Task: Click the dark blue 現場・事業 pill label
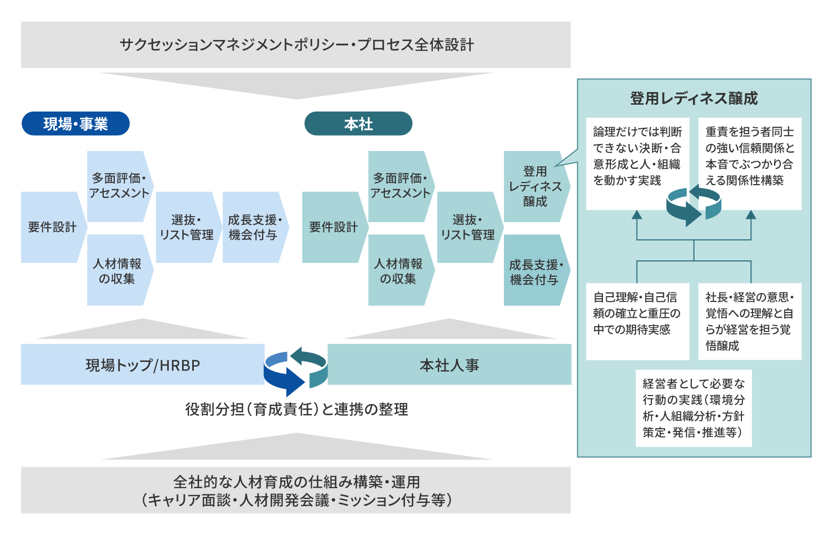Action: (75, 124)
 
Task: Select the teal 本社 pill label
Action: (358, 124)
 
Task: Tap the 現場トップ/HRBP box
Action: (143, 365)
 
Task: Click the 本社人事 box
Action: (449, 365)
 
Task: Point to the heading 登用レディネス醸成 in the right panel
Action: (694, 98)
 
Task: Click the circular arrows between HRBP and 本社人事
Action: (296, 371)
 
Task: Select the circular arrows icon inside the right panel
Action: (694, 205)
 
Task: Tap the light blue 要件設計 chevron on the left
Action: (54, 227)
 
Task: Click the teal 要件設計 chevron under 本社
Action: (335, 227)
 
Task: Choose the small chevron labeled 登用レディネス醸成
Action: (537, 186)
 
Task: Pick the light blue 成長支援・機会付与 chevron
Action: (255, 227)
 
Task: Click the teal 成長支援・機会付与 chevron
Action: (537, 270)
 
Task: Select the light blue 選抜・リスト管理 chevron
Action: (189, 227)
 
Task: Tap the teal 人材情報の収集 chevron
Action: (401, 270)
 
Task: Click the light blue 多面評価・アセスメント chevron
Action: (120, 186)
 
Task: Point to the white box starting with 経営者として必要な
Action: (694, 408)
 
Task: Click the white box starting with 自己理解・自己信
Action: (637, 321)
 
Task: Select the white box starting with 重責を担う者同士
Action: (749, 163)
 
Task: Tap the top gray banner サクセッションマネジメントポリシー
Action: (295, 45)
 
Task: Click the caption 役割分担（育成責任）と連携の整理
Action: (296, 409)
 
